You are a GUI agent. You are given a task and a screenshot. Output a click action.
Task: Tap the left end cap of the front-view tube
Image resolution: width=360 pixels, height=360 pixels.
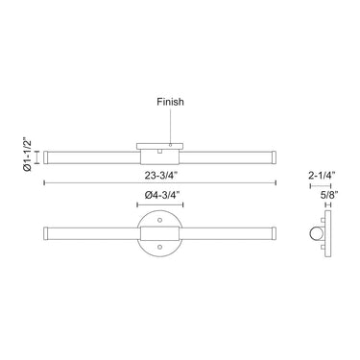point(46,233)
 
